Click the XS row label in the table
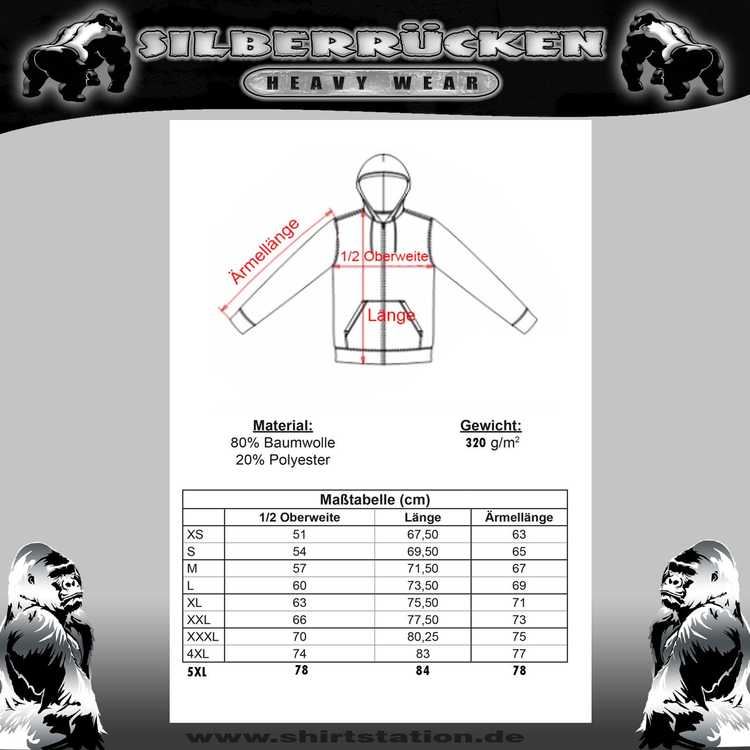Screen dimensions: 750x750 pos(195,534)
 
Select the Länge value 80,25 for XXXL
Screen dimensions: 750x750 pos(422,637)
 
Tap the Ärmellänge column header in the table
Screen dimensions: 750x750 pos(519,517)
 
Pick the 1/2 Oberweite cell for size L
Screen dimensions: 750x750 pos(299,585)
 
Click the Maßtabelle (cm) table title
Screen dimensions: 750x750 pos(375,500)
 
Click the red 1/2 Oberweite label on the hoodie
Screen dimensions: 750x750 pos(384,256)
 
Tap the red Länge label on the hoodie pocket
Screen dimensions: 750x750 pos(391,315)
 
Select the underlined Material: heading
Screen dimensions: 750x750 pos(283,426)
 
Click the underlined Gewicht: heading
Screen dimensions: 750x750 pos(491,426)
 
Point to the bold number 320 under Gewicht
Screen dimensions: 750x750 pos(476,443)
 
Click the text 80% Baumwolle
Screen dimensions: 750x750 pos(283,443)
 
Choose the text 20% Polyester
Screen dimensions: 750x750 pos(283,460)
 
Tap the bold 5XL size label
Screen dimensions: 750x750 pos(197,672)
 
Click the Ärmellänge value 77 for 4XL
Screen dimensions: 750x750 pos(519,653)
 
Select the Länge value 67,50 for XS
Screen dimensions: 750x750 pos(422,534)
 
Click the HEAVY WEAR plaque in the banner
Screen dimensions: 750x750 pos(371,83)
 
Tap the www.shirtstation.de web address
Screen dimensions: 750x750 pos(355,737)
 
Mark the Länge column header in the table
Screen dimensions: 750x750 pos(422,517)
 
